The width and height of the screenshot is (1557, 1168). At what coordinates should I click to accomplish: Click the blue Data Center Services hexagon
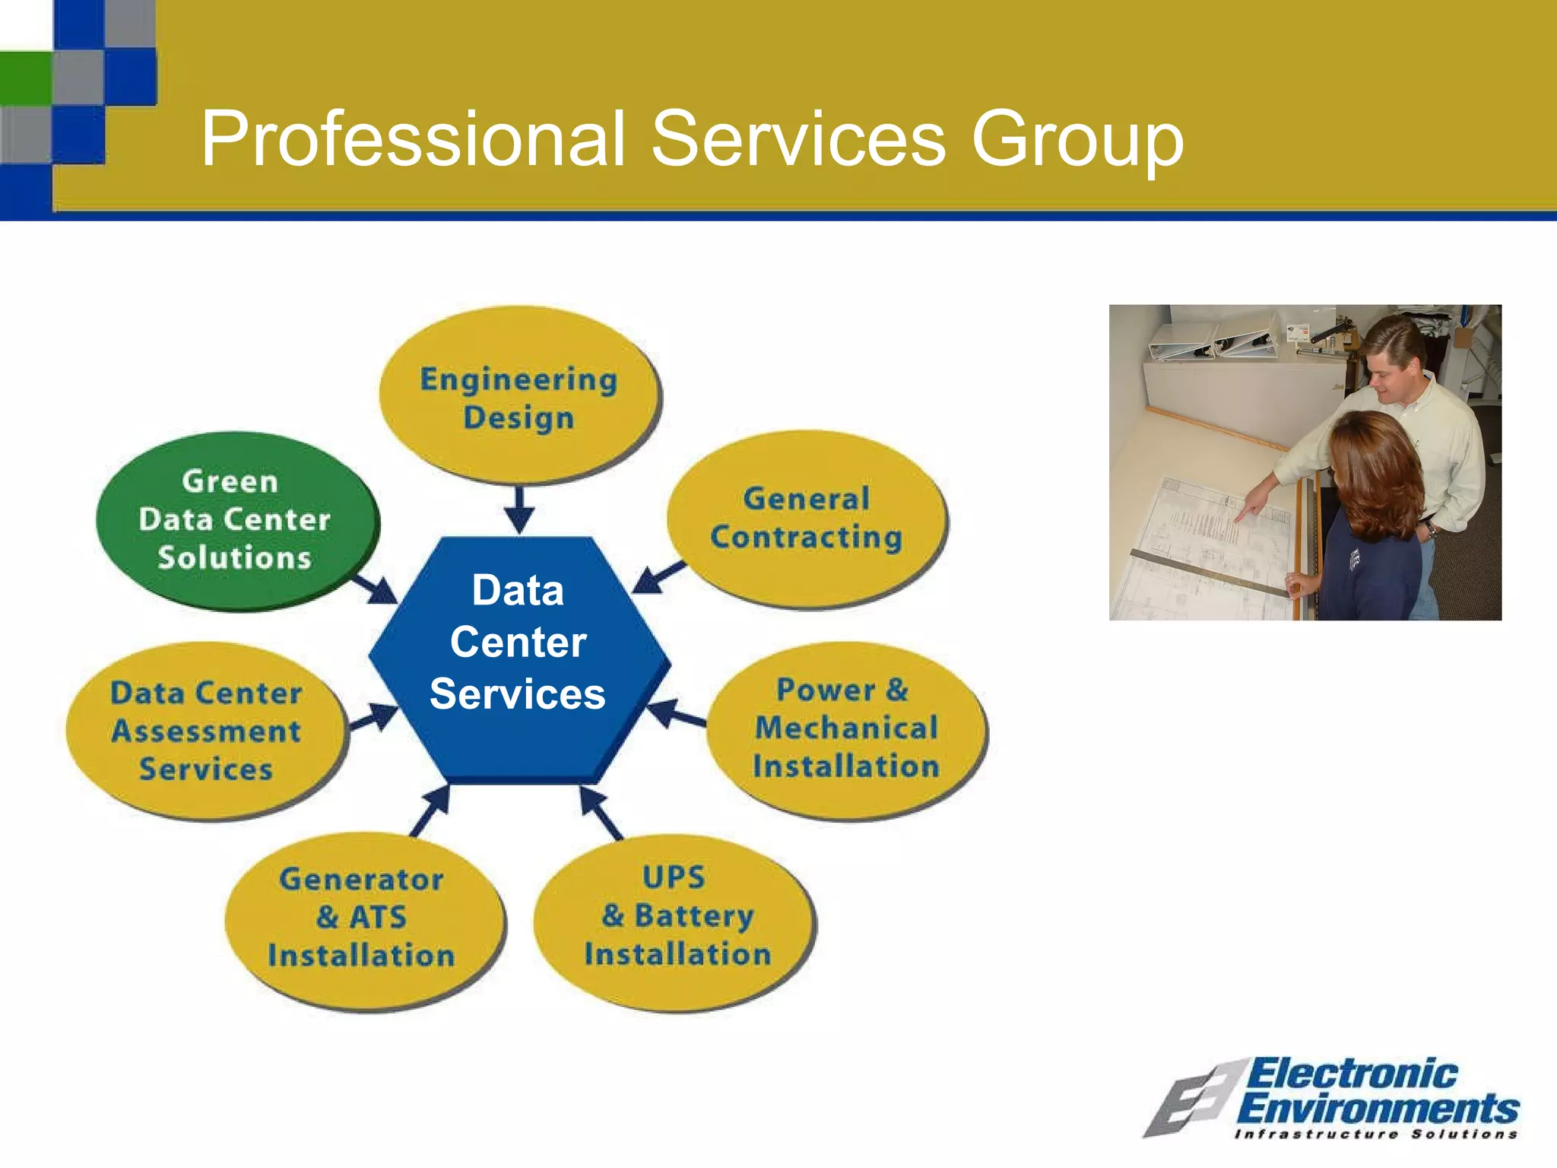(519, 659)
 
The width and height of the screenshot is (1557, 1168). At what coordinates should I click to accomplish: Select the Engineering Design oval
(519, 396)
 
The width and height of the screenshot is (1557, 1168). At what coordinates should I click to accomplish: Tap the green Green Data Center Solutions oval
(236, 520)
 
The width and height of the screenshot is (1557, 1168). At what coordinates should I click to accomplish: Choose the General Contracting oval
(806, 519)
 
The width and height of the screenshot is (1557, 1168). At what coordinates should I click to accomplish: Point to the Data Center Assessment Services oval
(206, 730)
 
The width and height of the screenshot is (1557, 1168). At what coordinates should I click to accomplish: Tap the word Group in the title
(1077, 140)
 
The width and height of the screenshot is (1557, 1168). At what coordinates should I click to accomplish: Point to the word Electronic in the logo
(1352, 1074)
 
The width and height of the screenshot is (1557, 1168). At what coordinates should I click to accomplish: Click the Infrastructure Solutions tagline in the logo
(1375, 1135)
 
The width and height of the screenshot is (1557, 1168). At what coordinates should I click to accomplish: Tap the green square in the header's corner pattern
(25, 78)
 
